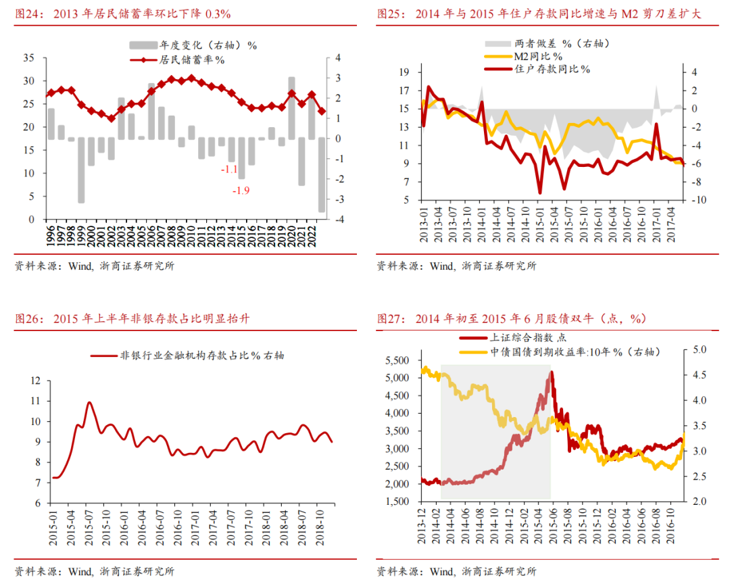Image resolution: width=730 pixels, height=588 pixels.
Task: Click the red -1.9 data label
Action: [241, 191]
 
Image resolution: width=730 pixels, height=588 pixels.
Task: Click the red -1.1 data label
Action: [230, 169]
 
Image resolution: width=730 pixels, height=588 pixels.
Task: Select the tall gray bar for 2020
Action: [291, 108]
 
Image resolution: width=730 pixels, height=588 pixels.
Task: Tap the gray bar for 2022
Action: [322, 175]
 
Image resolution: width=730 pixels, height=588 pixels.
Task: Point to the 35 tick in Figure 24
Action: [29, 58]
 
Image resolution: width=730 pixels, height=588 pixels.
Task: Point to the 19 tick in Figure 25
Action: [405, 72]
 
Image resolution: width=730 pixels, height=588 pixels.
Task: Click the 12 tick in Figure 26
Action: [36, 381]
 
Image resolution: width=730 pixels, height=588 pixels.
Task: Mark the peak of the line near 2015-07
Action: [89, 402]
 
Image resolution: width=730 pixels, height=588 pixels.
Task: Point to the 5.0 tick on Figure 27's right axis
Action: [699, 349]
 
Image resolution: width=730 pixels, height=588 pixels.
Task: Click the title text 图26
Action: [27, 318]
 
